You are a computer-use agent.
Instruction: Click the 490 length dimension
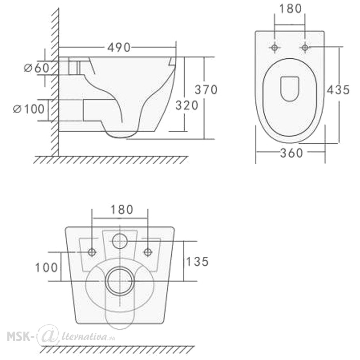119,48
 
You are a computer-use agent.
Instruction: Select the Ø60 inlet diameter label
37,68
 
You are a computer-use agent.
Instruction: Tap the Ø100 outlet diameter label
29,109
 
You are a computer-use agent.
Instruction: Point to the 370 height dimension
206,90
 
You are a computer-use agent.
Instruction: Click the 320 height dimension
186,105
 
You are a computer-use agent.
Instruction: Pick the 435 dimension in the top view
338,90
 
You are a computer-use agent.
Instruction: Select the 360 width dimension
291,153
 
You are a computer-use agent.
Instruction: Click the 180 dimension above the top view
290,9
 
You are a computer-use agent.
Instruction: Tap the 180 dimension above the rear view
122,210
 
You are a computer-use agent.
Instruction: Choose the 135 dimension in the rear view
197,261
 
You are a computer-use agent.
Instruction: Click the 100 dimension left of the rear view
46,268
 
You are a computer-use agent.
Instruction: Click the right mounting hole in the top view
305,48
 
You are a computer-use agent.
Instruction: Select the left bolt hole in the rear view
92,252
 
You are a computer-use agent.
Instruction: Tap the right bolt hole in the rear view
148,252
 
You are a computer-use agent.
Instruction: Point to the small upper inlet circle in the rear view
120,241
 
